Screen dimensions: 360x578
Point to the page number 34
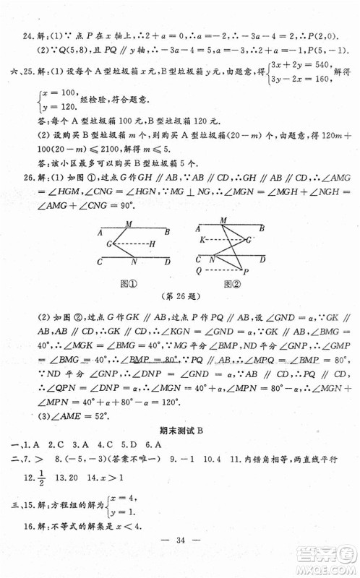tap(180, 558)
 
